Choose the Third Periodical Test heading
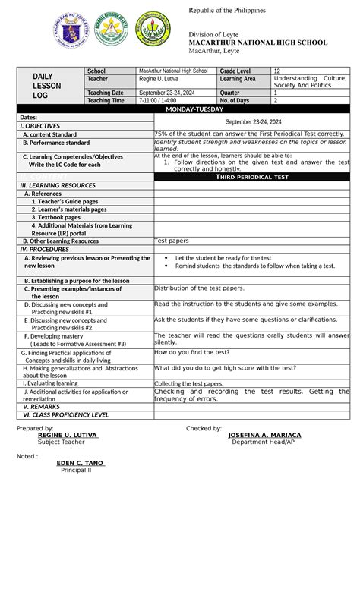[251, 176]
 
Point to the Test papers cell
[172, 241]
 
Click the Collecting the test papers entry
[188, 384]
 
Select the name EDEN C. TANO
[81, 462]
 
